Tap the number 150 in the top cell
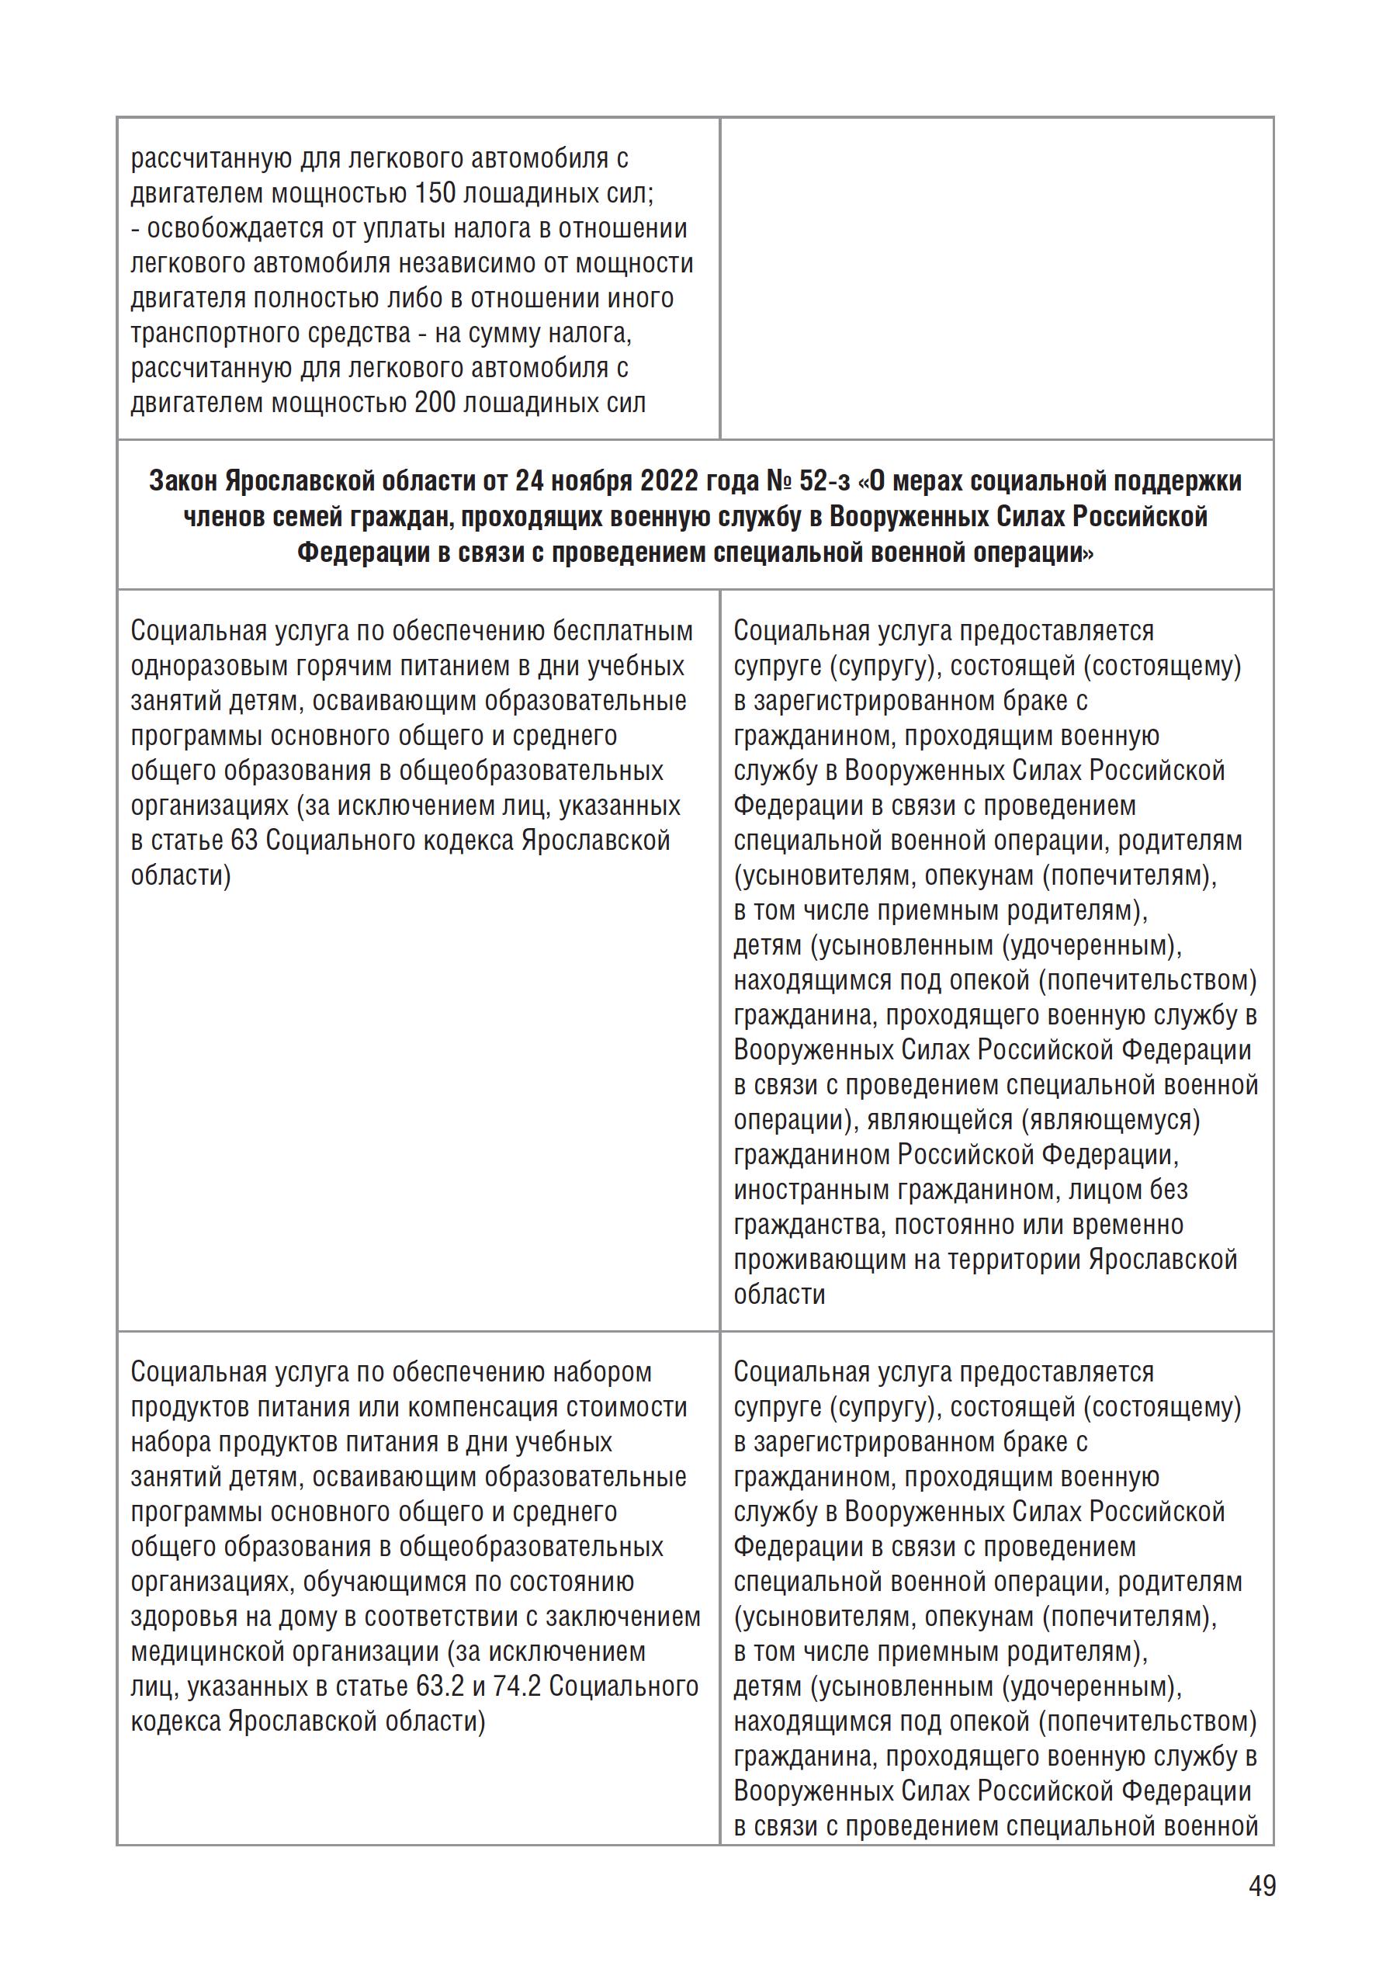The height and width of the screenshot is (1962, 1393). (435, 194)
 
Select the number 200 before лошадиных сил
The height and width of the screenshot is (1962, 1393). (435, 404)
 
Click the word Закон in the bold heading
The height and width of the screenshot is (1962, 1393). (184, 481)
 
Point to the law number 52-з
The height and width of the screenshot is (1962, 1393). (826, 481)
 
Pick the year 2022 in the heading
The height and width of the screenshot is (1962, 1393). (669, 481)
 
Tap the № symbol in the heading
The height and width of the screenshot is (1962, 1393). (778, 481)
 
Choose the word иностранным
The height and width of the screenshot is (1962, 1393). (812, 1191)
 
